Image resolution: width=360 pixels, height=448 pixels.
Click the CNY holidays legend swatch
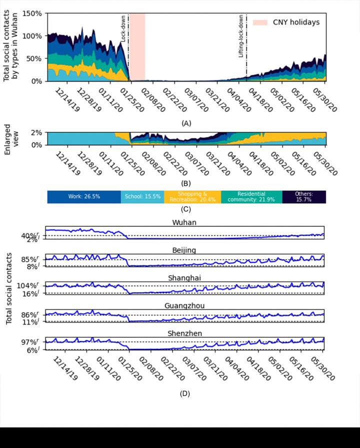click(260, 22)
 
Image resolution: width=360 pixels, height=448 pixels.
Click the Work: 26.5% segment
click(84, 197)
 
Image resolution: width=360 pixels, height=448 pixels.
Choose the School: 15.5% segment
click(142, 197)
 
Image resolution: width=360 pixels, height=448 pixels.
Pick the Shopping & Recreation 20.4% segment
click(192, 197)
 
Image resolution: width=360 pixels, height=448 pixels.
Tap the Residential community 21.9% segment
click(251, 197)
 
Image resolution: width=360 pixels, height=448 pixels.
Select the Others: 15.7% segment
click(304, 197)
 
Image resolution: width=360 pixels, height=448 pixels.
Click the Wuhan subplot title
click(184, 222)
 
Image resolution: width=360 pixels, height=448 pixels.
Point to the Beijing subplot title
click(184, 250)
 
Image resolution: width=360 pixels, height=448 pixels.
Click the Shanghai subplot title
click(184, 278)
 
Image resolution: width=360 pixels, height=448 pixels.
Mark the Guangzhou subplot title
click(184, 306)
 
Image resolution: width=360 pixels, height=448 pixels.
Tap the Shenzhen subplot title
click(184, 333)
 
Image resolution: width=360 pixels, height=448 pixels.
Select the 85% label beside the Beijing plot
click(34, 259)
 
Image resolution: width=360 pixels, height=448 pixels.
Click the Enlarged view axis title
click(11, 138)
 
